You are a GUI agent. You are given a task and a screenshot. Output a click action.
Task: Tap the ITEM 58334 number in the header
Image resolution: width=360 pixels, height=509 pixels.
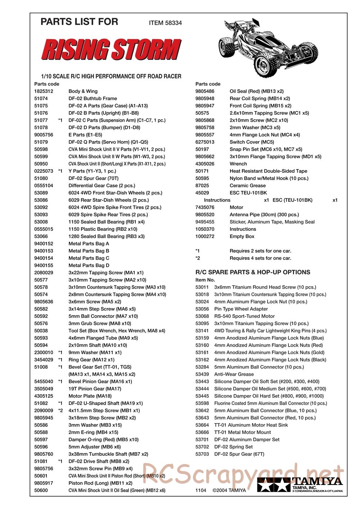point(165,23)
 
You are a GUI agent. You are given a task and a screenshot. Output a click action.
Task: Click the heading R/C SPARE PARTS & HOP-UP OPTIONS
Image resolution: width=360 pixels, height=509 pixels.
point(253,272)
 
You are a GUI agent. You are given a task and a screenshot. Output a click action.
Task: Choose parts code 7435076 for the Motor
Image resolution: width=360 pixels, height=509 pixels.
point(205,207)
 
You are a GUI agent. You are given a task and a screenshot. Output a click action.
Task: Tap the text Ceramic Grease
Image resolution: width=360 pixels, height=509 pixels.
point(248,185)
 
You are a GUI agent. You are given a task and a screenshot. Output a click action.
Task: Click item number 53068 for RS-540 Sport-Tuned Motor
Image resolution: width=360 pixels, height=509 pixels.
point(202,316)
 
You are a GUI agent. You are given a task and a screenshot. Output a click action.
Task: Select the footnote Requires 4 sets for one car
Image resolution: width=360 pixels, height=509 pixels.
point(260,258)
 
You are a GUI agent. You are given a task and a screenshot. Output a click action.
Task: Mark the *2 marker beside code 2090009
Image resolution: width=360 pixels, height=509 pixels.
point(60,410)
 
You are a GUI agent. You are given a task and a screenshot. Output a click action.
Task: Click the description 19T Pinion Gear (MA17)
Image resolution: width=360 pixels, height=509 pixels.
point(95,389)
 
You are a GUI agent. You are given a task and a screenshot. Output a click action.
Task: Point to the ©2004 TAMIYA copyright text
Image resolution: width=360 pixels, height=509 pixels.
point(229,490)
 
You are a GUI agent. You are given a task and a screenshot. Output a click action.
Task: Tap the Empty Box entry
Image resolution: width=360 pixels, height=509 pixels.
point(242,236)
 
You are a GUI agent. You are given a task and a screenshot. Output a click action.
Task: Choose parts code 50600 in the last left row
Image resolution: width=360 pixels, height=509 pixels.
point(41,490)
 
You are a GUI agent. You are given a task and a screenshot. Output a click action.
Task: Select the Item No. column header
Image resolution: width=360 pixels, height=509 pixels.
point(205,280)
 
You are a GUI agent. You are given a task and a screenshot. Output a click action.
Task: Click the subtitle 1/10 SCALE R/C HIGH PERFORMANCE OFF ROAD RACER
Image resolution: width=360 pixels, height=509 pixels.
point(111,76)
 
